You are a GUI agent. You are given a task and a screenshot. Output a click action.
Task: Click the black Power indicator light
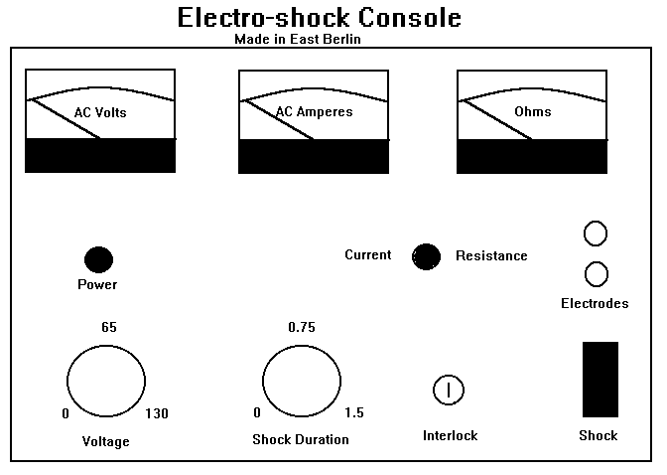(98, 259)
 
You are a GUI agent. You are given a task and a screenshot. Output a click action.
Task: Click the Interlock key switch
(449, 390)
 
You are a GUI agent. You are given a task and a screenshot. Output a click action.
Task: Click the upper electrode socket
(596, 234)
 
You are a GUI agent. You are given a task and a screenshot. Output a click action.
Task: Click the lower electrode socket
(596, 273)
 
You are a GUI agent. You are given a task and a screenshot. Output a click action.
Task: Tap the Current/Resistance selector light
(427, 256)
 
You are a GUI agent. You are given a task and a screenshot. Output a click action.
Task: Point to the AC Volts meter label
(100, 112)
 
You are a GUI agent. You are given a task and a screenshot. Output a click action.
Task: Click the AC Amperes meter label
(314, 111)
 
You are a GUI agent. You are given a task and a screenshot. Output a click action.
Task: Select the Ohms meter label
(532, 111)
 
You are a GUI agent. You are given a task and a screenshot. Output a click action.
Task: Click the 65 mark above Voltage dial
(109, 327)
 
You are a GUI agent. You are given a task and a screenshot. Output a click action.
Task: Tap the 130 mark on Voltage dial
(157, 413)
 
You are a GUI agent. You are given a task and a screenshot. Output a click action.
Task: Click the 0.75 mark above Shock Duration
(302, 327)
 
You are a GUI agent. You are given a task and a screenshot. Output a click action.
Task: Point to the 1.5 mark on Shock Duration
(354, 413)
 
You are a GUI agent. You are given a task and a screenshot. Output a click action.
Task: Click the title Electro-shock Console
(319, 18)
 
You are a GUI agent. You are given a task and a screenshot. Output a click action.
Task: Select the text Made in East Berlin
(297, 39)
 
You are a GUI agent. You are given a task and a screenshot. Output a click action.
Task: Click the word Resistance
(491, 255)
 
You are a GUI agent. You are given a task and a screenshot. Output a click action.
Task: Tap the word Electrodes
(595, 303)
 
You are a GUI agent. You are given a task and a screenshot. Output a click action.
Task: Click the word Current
(367, 255)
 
